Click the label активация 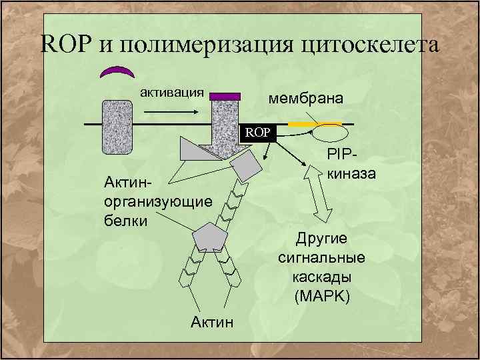(171, 91)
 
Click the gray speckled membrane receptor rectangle (118, 127)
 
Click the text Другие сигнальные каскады (321, 257)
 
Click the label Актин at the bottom (212, 323)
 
